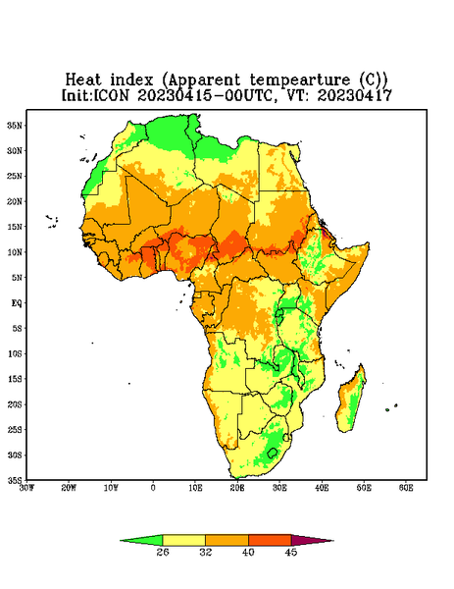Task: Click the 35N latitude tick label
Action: click(15, 125)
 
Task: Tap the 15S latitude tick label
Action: click(15, 379)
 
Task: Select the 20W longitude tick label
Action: click(69, 488)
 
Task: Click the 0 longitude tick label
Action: click(153, 488)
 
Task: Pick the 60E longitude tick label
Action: click(406, 488)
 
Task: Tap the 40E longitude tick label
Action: click(322, 488)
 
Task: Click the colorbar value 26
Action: click(163, 552)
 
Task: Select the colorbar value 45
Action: click(291, 552)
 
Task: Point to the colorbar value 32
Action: click(206, 552)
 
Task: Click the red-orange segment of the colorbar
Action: click(270, 540)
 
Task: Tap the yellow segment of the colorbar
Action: click(183, 540)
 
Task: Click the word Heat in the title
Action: click(83, 80)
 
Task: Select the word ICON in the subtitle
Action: click(111, 95)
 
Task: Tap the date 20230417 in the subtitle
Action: click(355, 95)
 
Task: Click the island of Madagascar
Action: click(351, 401)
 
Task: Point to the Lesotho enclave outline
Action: click(272, 453)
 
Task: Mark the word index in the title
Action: click(131, 80)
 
